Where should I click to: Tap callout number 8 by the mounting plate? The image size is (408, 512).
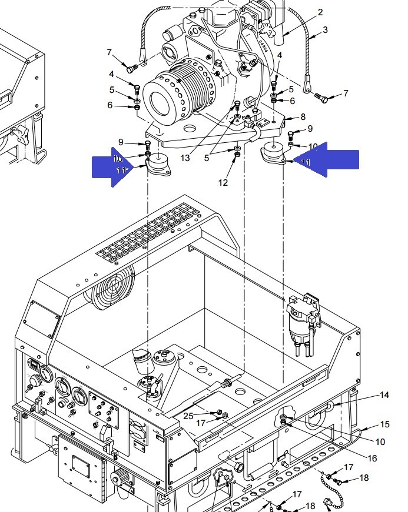pos(303,118)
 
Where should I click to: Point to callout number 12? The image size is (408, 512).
pos(223,183)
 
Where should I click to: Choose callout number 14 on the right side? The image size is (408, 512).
pos(384,396)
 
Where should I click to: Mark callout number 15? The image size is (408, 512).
pos(384,424)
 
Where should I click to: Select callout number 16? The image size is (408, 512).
pos(373,458)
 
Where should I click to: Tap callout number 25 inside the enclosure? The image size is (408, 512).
pos(188,416)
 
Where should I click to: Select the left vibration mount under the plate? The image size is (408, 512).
pos(158,165)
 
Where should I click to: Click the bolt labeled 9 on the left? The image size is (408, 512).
pos(147,144)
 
